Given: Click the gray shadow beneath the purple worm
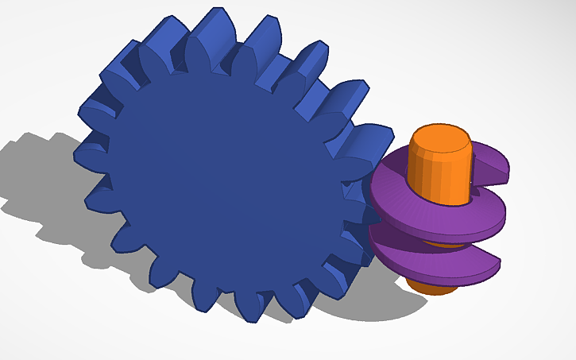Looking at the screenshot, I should pos(373,306).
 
